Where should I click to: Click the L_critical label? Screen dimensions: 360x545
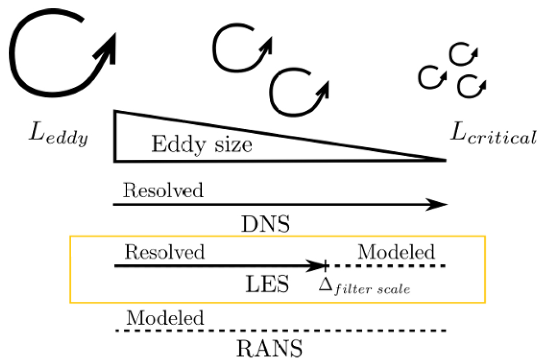point(492,137)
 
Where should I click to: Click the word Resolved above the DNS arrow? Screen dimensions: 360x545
point(163,191)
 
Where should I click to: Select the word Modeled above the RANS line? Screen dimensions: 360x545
point(165,317)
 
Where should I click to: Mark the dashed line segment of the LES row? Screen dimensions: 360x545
point(387,266)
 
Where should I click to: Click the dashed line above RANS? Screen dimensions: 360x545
point(281,331)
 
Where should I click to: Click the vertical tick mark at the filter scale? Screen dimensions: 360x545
point(326,266)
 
